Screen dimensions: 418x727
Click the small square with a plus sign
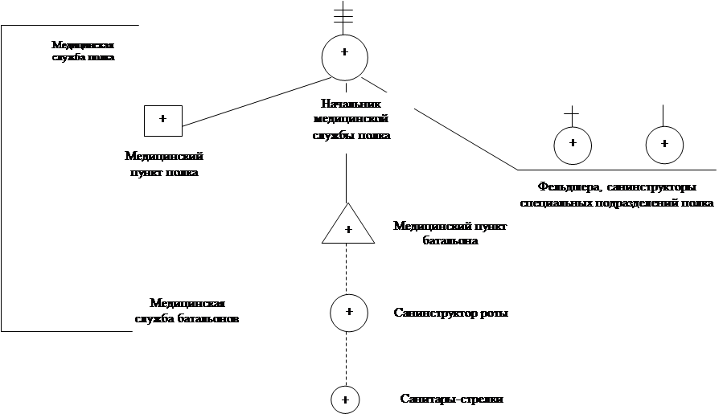point(162,121)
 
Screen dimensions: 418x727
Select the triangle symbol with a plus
point(348,224)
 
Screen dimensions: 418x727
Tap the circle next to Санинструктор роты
point(349,311)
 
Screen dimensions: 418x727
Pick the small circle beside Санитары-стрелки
point(345,399)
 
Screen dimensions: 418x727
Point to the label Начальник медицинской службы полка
point(351,120)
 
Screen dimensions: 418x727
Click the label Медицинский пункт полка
point(164,165)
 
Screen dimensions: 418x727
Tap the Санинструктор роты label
point(451,312)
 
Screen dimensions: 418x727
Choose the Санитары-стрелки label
point(451,399)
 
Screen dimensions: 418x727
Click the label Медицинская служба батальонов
point(187,311)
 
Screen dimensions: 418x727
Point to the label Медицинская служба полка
point(82,51)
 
